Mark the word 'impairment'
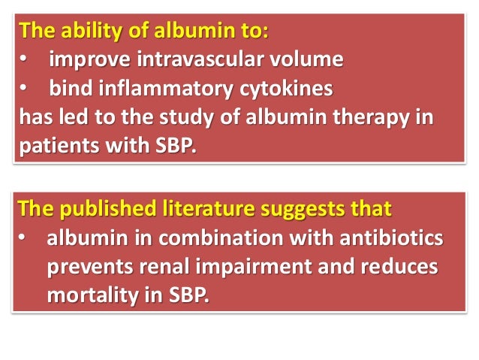pyautogui.click(x=258, y=268)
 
